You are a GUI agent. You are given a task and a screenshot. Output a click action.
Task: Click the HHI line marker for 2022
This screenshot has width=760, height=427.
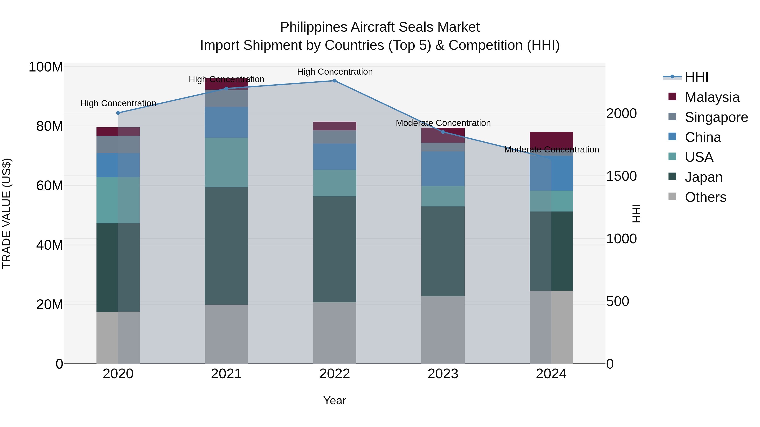point(335,81)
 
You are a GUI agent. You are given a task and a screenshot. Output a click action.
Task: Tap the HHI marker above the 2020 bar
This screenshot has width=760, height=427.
point(118,113)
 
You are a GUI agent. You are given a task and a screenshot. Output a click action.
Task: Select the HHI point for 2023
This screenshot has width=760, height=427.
point(443,132)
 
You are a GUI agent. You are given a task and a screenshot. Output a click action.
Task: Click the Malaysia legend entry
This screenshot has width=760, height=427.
point(712,97)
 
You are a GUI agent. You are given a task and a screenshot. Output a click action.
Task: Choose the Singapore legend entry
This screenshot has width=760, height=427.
point(716,117)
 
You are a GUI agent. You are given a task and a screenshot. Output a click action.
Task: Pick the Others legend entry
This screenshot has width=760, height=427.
point(705,197)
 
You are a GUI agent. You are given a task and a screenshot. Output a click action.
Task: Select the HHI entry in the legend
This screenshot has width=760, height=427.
point(696,77)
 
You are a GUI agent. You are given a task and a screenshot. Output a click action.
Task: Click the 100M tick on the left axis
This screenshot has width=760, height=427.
point(46,67)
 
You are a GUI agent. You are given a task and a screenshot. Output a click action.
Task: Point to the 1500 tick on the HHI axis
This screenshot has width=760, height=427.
point(621,176)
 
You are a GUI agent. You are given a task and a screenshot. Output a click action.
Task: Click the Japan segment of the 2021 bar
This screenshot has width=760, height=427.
point(226,246)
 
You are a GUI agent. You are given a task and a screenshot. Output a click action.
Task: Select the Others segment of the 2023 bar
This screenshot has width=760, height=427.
point(443,330)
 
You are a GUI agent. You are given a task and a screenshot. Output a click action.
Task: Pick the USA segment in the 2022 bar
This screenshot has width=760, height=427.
point(335,183)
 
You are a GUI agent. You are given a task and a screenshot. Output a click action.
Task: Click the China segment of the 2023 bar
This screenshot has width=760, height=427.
point(443,169)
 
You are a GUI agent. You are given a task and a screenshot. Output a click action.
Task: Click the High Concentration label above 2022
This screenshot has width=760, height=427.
point(335,72)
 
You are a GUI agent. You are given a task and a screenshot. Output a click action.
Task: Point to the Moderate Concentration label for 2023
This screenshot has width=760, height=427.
point(443,123)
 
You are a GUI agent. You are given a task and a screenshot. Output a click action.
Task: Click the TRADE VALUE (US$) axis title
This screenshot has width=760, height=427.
point(7,213)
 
